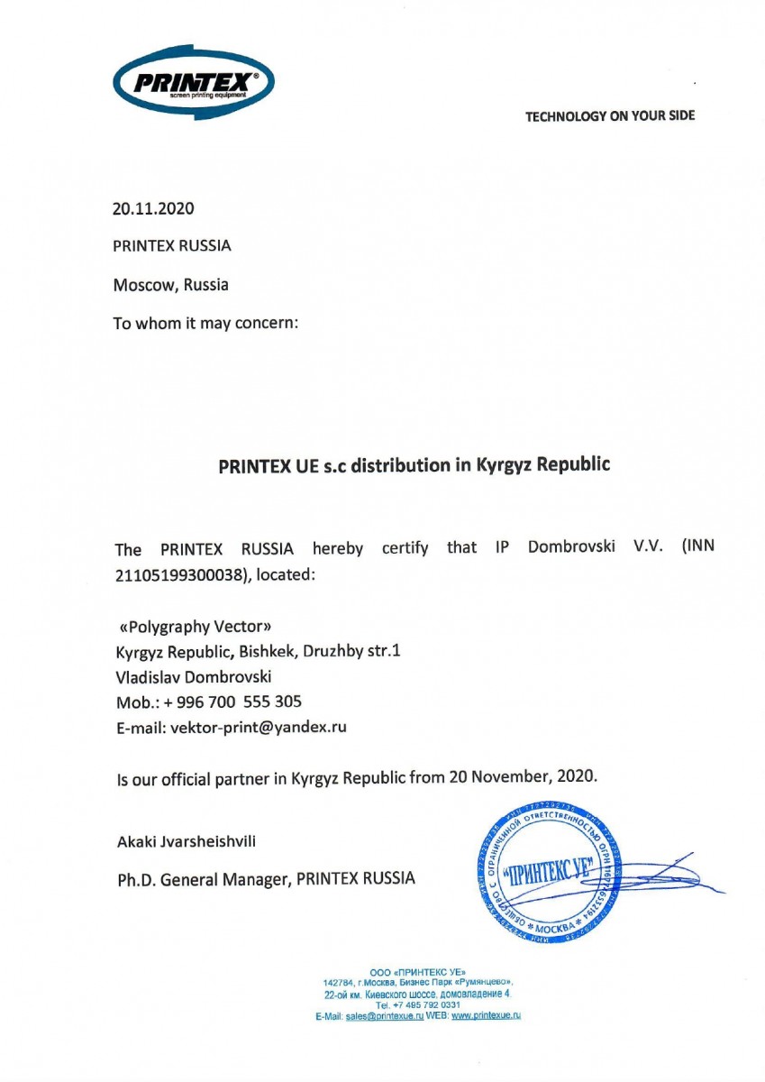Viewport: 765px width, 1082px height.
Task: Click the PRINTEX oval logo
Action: click(194, 83)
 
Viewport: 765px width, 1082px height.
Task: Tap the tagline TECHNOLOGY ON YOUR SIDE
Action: click(610, 115)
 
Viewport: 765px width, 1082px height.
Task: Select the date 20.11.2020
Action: click(153, 209)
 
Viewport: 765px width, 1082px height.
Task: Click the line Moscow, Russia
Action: click(170, 285)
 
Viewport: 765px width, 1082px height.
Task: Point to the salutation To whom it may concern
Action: click(205, 324)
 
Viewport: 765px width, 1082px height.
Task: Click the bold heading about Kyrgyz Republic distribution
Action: click(414, 466)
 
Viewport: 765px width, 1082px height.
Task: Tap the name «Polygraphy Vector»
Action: click(194, 627)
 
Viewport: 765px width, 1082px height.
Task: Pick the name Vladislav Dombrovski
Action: click(194, 676)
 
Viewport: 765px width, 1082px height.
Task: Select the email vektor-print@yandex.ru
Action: click(259, 727)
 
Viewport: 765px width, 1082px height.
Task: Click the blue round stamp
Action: click(545, 871)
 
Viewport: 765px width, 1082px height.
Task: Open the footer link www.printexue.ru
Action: click(487, 1015)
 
